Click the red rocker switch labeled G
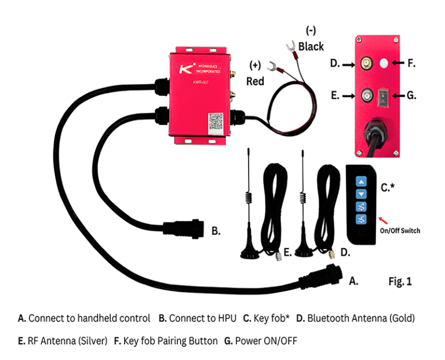click(382, 96)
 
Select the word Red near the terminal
click(256, 82)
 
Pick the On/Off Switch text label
click(400, 231)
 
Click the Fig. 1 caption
click(400, 282)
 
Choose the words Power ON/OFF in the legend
click(265, 341)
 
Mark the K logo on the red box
click(185, 71)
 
